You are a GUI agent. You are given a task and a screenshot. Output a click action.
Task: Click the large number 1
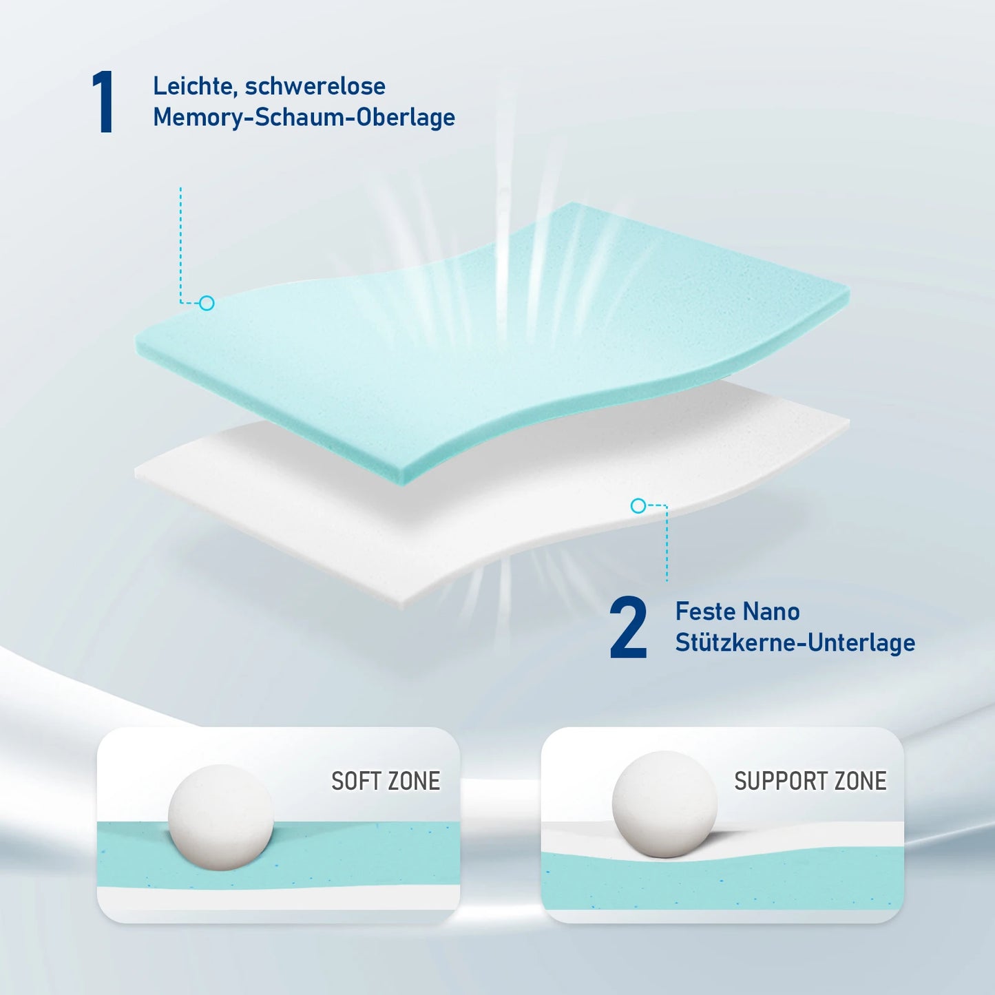pyautogui.click(x=103, y=102)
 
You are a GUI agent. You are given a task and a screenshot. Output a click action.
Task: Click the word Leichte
pyautogui.click(x=195, y=87)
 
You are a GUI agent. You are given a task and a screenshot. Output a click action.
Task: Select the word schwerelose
pyautogui.click(x=315, y=85)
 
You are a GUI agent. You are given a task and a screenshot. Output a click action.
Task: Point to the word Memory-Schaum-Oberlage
pyautogui.click(x=304, y=117)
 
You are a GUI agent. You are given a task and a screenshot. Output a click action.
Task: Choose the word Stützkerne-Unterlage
pyautogui.click(x=795, y=643)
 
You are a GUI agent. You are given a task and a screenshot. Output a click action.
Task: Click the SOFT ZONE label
pyautogui.click(x=386, y=782)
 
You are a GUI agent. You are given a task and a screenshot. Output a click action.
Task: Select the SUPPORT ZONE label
pyautogui.click(x=810, y=782)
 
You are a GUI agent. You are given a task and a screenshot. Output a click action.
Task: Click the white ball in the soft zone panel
pyautogui.click(x=220, y=817)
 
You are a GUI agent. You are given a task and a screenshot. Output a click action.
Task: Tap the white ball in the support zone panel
pyautogui.click(x=664, y=804)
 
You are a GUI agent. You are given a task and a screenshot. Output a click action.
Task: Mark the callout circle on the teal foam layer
pyautogui.click(x=207, y=303)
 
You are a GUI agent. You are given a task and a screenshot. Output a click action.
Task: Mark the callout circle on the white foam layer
pyautogui.click(x=638, y=505)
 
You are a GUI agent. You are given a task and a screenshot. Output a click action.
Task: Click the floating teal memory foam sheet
pyautogui.click(x=490, y=341)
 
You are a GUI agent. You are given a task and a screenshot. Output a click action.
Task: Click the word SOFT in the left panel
pyautogui.click(x=355, y=782)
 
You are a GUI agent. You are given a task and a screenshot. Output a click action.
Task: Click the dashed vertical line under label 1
pyautogui.click(x=180, y=245)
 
